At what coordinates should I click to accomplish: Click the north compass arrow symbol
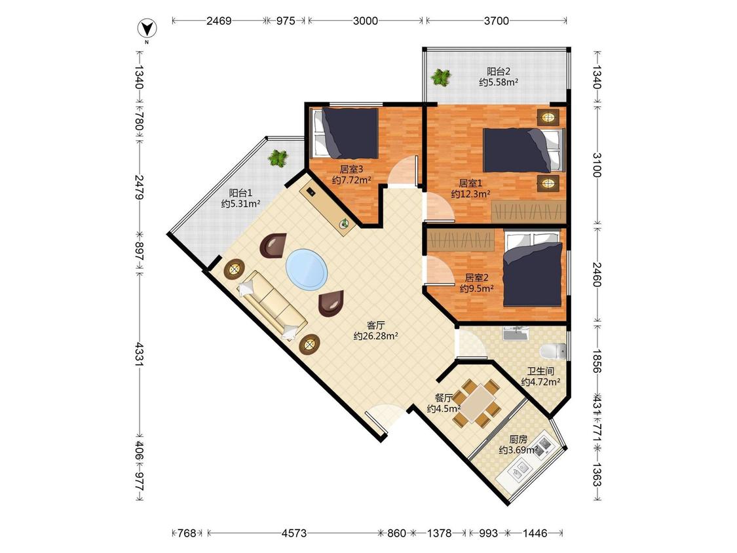tap(147, 29)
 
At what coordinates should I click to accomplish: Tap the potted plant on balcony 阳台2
tap(441, 77)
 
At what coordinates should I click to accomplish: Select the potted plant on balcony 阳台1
tap(277, 158)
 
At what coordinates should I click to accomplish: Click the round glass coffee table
tap(307, 269)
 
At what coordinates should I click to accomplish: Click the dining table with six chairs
tap(477, 403)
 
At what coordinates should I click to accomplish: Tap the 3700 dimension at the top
tap(497, 21)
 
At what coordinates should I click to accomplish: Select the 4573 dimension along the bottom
tap(294, 533)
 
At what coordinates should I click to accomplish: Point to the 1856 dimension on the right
tap(596, 360)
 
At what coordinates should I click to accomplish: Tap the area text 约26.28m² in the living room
tap(376, 336)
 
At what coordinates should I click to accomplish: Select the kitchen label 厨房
tap(518, 440)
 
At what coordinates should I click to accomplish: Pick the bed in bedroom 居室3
tap(346, 134)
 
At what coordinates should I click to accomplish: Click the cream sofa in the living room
tap(273, 304)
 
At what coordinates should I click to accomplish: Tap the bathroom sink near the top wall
tap(516, 333)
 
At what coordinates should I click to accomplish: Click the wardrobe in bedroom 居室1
tap(528, 211)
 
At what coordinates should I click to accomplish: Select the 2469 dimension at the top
tap(219, 21)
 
